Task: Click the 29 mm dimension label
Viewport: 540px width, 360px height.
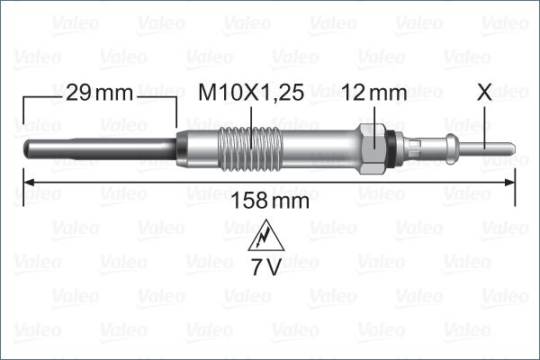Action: [99, 93]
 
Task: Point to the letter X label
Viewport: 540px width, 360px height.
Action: [485, 93]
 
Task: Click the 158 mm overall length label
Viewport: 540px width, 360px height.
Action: [271, 201]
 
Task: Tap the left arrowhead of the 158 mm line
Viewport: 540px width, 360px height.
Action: [27, 182]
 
